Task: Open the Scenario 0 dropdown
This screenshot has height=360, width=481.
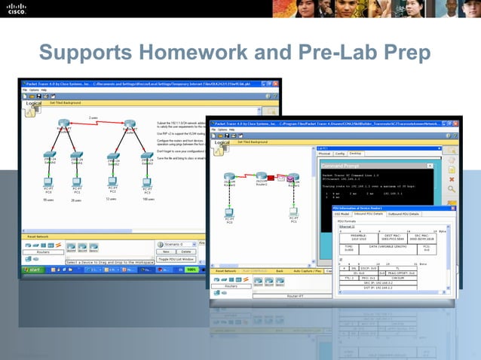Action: [175, 244]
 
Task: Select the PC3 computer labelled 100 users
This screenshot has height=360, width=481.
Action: [147, 182]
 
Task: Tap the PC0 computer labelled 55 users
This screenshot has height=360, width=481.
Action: [48, 182]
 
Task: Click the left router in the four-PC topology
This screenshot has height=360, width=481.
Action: [65, 124]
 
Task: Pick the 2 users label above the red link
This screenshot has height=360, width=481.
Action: [93, 117]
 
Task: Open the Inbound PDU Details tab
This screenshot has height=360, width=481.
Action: [369, 214]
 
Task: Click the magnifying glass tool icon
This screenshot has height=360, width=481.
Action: [451, 190]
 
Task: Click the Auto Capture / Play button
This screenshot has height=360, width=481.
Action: [308, 270]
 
